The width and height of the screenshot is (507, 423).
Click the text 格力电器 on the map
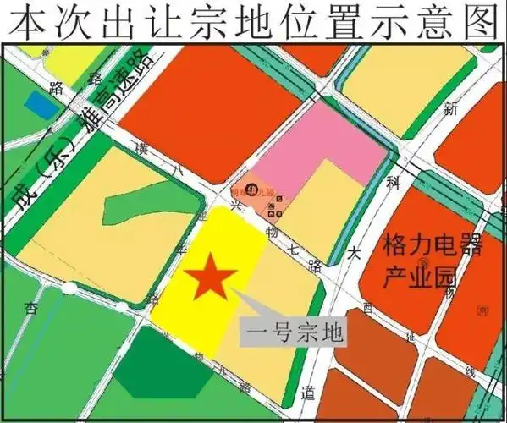coord(432,248)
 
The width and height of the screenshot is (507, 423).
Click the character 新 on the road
coord(450,109)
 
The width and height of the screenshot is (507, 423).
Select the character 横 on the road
coord(141,150)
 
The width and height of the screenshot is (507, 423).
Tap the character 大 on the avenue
coord(353,251)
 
